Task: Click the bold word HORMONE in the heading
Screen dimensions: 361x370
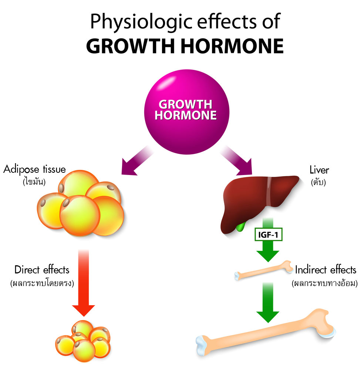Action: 232,46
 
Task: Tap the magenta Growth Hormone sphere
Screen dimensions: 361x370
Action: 187,112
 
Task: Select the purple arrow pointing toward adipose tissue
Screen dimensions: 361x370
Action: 137,161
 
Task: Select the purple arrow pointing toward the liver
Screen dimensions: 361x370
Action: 236,161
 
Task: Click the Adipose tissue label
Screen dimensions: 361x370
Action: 34,169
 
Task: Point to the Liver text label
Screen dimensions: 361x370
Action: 319,170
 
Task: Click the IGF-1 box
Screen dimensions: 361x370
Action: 268,235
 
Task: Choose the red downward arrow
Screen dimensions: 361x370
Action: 84,283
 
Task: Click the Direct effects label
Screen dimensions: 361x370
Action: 42,270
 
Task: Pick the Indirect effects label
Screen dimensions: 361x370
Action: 325,270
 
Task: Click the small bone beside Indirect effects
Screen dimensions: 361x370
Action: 264,270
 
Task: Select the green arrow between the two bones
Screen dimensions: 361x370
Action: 268,303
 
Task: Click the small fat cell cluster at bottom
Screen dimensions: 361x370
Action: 83,341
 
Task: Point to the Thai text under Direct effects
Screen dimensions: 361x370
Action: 42,283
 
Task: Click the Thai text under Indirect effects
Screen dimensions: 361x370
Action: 325,283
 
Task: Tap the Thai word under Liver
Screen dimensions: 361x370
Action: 318,182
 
